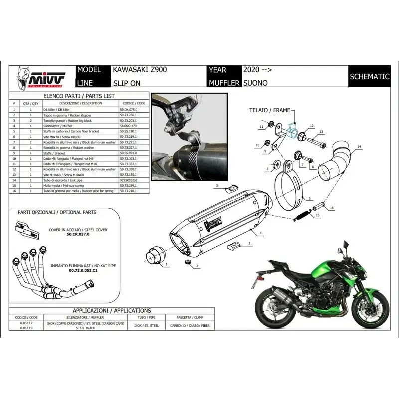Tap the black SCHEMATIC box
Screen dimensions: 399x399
pyautogui.click(x=369, y=77)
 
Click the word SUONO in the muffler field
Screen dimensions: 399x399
pyautogui.click(x=255, y=82)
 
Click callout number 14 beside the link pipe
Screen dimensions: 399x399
pyautogui.click(x=358, y=147)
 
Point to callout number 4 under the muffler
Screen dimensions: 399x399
pyautogui.click(x=260, y=233)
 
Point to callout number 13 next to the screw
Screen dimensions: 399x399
pyautogui.click(x=321, y=132)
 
